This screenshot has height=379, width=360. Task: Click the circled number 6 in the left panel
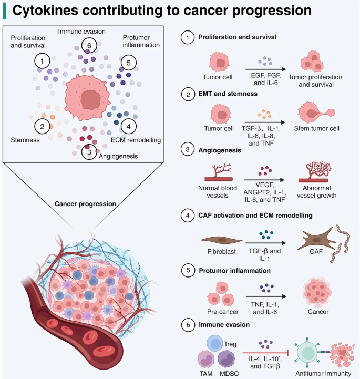(x=89, y=46)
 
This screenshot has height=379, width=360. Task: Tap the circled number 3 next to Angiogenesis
(x=90, y=152)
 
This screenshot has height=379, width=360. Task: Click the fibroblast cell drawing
(x=221, y=238)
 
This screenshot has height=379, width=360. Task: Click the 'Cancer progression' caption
(x=86, y=204)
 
